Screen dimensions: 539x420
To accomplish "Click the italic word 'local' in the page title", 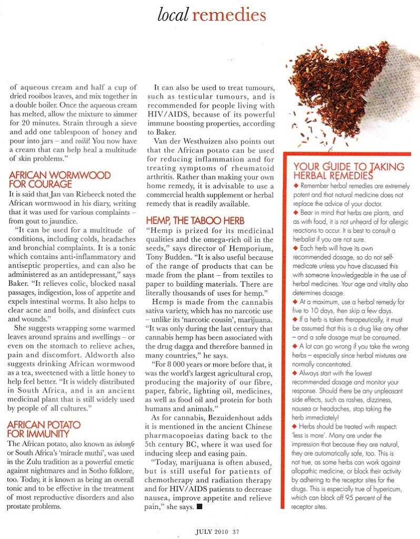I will tap(173, 15).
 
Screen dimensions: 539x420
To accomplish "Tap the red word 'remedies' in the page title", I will tap(228, 15).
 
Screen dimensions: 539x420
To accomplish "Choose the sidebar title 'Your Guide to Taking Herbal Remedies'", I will tap(348, 172).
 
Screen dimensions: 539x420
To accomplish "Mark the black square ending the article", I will tap(199, 507).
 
